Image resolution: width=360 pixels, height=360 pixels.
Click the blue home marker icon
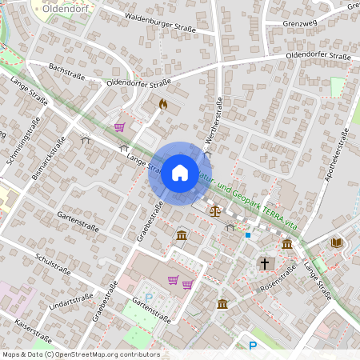tap(180, 172)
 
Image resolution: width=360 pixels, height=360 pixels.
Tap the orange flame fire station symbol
tap(164, 104)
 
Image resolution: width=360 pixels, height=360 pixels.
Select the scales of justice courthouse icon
tap(214, 211)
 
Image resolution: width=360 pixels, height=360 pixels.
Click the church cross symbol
tap(264, 262)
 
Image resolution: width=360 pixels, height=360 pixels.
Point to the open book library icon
tap(336, 242)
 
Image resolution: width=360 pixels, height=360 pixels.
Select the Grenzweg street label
tap(302, 23)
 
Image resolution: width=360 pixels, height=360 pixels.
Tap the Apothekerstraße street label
tap(337, 152)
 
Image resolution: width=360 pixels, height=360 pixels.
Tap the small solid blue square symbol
tap(248, 235)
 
